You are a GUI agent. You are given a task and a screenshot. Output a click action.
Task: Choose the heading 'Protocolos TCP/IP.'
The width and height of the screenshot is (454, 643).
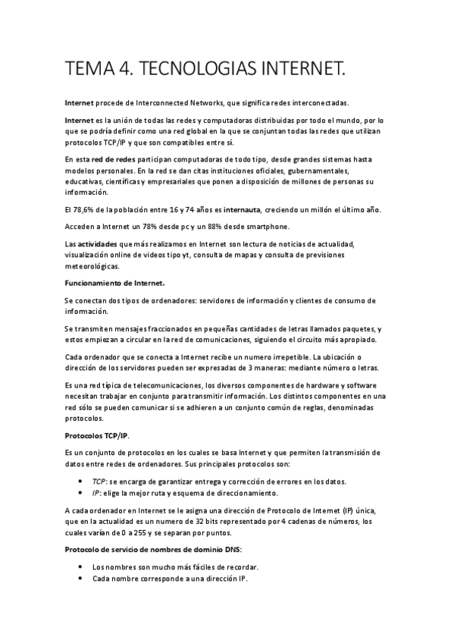pyautogui.click(x=96, y=435)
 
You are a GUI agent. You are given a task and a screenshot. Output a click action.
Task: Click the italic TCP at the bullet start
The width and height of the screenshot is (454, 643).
pyautogui.click(x=99, y=481)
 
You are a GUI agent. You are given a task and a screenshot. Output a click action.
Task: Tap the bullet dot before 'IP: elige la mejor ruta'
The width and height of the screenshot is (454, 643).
pyautogui.click(x=81, y=493)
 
